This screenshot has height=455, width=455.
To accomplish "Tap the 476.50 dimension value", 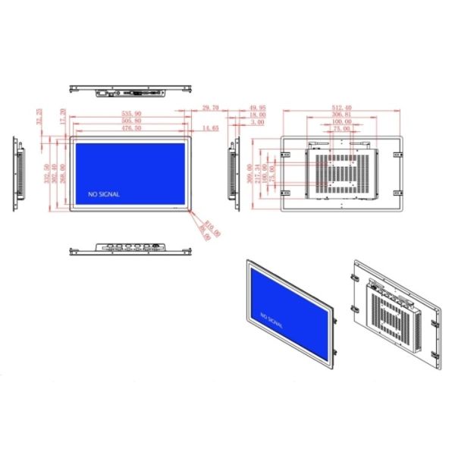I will [x=131, y=128].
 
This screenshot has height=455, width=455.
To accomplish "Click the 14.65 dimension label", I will [x=210, y=128].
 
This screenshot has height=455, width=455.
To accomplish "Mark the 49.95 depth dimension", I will [x=257, y=109].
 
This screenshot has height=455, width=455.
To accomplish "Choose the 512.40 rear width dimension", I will [x=341, y=109].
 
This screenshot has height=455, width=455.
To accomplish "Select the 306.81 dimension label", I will [x=341, y=115].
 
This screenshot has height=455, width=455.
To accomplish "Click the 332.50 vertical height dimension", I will [x=47, y=174].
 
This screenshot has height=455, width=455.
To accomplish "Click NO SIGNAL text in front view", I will [x=104, y=194].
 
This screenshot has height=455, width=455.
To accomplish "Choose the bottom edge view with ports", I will [x=131, y=248].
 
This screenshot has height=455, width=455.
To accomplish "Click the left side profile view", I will [x=20, y=174].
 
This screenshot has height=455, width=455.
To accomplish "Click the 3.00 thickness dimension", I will [x=257, y=122].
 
